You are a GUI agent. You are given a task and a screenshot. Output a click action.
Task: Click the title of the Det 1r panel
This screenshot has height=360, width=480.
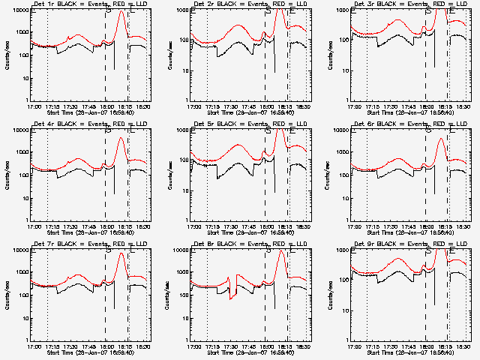coord(89,4)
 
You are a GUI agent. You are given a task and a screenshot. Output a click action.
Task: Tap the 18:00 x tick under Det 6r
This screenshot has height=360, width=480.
coord(424,226)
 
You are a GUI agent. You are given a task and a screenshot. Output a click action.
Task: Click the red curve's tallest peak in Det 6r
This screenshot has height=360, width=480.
coord(442,139)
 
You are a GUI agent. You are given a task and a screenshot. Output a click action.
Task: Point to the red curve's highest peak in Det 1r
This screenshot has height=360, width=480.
coord(121,10)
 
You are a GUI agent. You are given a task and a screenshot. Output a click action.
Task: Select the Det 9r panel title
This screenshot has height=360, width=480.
coord(409,244)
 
